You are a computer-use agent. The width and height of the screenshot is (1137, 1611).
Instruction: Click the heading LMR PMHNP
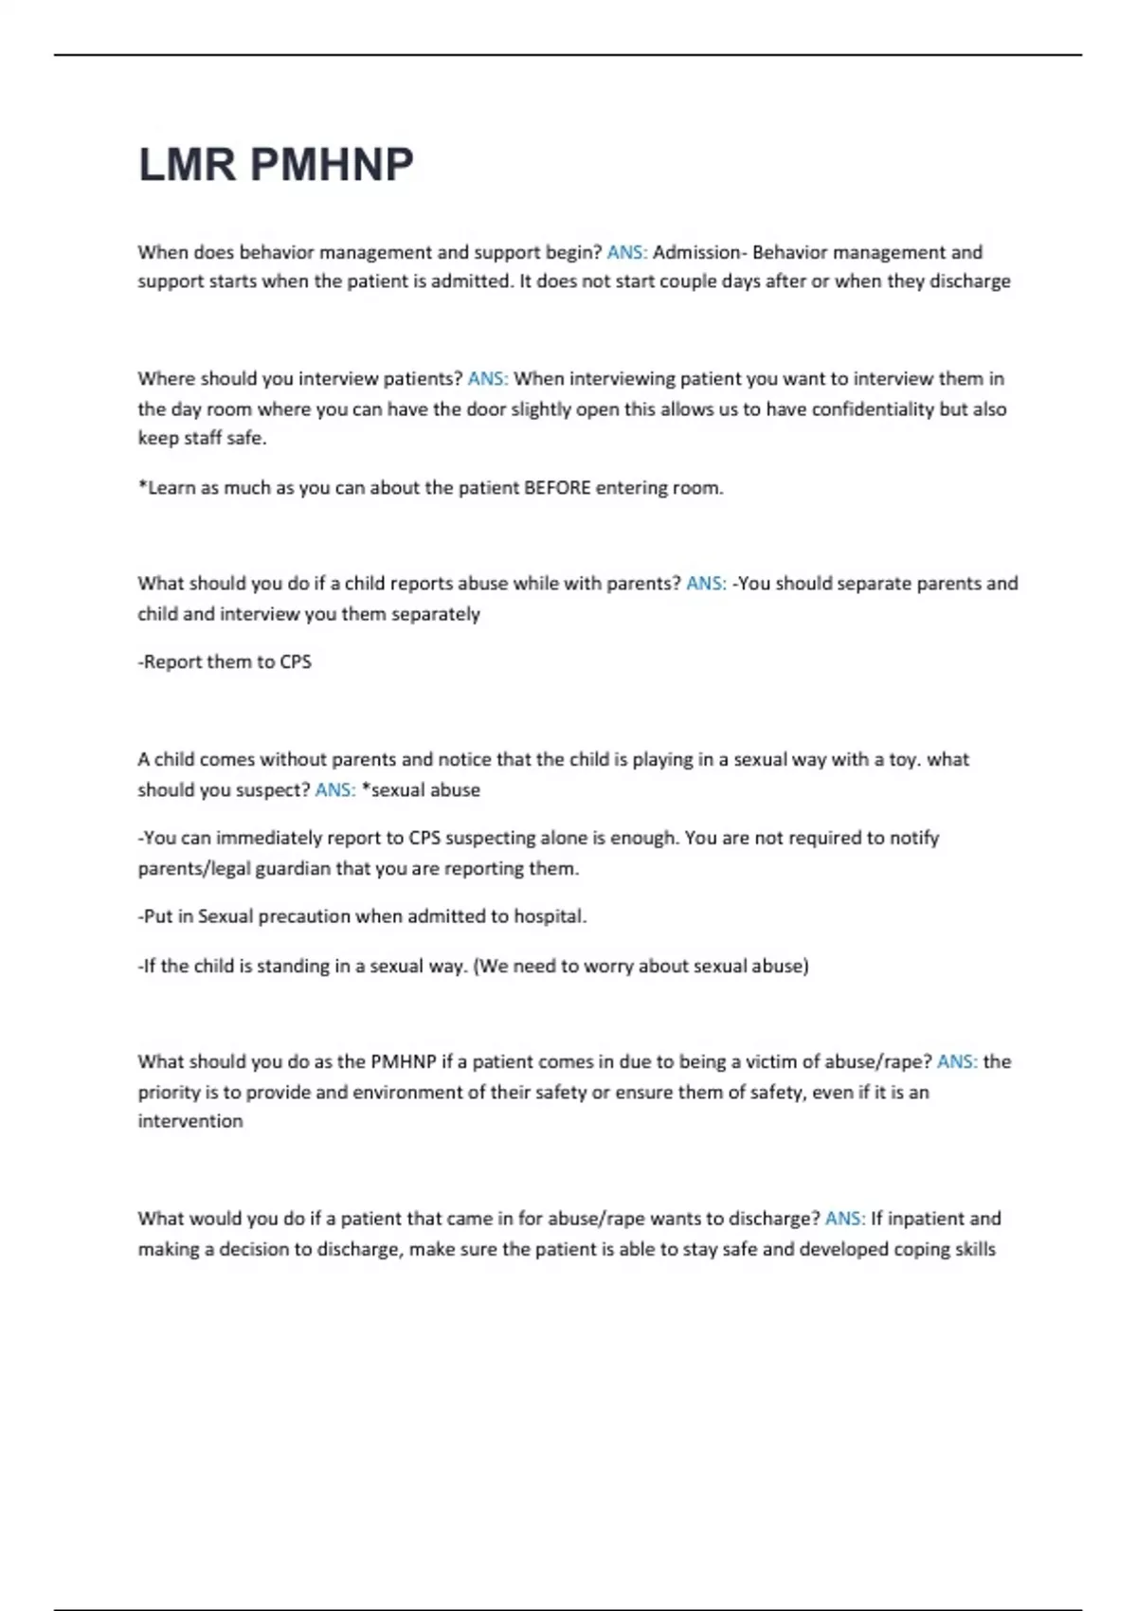point(276,165)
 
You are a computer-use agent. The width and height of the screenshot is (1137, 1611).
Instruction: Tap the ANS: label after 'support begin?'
point(626,252)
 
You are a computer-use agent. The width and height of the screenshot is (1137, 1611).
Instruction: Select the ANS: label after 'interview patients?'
point(487,378)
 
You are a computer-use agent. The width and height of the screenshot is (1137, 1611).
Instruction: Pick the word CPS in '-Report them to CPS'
point(296,661)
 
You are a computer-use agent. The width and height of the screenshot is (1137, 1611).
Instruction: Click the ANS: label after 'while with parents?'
point(706,583)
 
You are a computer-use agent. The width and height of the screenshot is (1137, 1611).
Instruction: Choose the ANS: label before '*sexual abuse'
point(334,789)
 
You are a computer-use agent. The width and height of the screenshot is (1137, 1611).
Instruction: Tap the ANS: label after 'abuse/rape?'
point(957,1061)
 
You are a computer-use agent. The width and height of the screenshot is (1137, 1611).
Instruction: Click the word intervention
point(190,1121)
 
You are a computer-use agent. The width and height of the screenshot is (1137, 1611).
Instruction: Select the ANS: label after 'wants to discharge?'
point(845,1218)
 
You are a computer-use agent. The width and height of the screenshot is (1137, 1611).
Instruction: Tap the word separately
point(435,613)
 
